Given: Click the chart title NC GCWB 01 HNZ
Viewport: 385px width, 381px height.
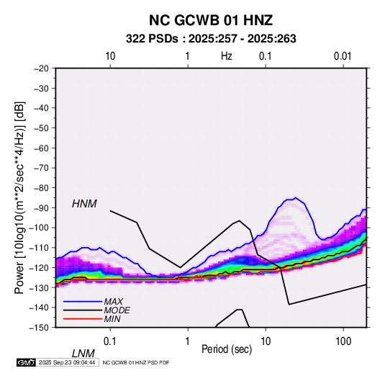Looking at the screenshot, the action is tap(211, 20).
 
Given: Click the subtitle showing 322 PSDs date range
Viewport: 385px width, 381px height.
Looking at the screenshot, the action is tap(211, 39).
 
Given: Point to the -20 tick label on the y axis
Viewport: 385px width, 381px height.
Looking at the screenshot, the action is tap(41, 68).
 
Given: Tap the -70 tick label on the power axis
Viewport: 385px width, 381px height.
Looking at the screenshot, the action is tap(41, 168).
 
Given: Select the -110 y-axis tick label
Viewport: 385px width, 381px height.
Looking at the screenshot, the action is tap(39, 248).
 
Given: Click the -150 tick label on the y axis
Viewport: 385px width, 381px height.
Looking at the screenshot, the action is tap(39, 328).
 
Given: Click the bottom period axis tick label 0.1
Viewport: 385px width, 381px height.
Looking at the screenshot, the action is tap(110, 341).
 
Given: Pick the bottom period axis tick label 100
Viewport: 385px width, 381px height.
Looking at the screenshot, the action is tap(343, 341).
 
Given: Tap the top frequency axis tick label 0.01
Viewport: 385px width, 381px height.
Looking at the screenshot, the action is tap(343, 56).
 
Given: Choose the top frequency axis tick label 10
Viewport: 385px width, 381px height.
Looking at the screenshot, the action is tap(110, 56).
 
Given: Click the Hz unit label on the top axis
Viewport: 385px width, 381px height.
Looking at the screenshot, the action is tap(227, 56).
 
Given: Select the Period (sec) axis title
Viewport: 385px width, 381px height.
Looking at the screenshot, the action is tap(227, 349).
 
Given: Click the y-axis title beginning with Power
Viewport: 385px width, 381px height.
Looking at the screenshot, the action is tap(19, 198).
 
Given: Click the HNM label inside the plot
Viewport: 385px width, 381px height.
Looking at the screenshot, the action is tap(84, 204).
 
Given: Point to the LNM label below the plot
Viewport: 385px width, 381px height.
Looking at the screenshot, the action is tap(83, 354).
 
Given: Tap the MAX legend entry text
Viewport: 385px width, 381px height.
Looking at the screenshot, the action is tap(113, 302).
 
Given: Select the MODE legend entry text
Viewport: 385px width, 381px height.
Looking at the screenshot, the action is tap(117, 310).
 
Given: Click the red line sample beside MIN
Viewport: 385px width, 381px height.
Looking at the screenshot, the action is tap(83, 319).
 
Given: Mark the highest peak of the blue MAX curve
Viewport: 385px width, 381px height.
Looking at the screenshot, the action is tap(296, 197).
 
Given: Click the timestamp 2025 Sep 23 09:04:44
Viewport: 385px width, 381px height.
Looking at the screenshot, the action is tap(67, 362).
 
